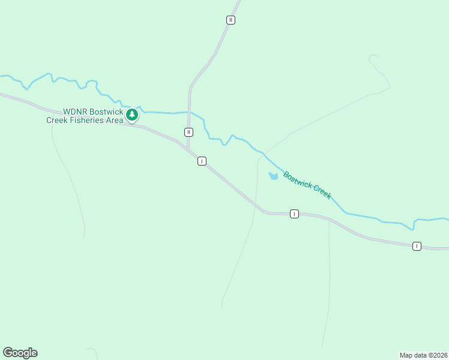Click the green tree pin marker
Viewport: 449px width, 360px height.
pos(133,114)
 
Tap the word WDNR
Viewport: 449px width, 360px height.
pos(77,112)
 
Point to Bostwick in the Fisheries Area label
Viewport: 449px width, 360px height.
pos(108,112)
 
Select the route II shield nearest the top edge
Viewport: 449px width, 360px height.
pos(231,20)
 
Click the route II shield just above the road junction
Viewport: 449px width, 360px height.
pos(188,132)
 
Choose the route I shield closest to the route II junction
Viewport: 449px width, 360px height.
pos(202,161)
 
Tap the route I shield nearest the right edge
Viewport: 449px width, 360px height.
pos(417,246)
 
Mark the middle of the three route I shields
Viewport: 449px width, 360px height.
pos(294,214)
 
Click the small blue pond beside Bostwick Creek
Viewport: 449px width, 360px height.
pos(273,176)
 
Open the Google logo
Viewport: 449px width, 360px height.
pos(20,353)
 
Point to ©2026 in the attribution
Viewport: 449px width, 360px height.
pos(438,355)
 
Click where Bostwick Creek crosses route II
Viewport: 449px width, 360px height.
pos(189,112)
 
